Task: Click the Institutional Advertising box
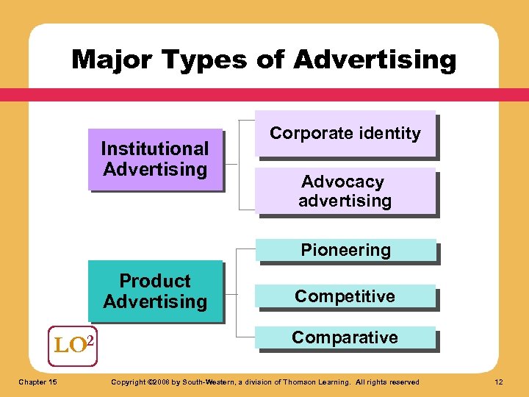[x=155, y=159]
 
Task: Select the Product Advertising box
[x=155, y=291]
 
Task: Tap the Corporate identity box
[x=345, y=133]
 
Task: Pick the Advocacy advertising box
[x=345, y=191]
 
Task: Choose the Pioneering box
[x=345, y=250]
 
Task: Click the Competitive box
[x=345, y=296]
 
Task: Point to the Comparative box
[x=345, y=337]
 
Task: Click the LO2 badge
[x=73, y=344]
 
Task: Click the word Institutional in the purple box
[x=155, y=149]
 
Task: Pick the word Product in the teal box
[x=155, y=281]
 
